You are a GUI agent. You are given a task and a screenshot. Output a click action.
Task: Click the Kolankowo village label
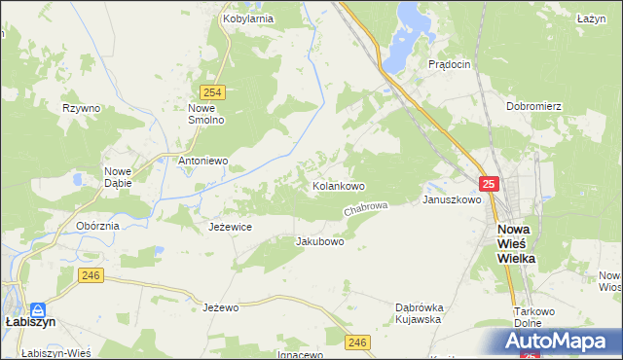tap(338, 185)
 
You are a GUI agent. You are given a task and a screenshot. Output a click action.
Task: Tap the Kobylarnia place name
tap(247, 18)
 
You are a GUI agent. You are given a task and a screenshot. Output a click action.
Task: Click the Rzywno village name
tap(81, 108)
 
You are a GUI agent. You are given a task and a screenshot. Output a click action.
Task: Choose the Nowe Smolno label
tap(206, 114)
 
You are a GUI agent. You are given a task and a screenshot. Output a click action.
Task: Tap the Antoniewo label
tap(202, 161)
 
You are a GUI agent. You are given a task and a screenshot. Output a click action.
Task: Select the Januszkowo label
tap(452, 199)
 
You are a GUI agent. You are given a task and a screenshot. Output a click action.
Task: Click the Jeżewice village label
tap(231, 226)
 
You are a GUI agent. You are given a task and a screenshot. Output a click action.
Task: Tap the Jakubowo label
tap(319, 240)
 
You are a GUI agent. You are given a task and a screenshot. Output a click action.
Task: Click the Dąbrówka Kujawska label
tap(419, 312)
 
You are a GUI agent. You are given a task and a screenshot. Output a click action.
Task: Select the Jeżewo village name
tap(221, 307)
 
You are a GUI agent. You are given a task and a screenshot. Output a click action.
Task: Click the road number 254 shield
tap(215, 92)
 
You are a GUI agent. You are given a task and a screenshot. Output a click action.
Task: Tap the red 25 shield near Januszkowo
tap(489, 184)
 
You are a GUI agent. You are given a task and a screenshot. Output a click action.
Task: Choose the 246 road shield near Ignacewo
tap(357, 342)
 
